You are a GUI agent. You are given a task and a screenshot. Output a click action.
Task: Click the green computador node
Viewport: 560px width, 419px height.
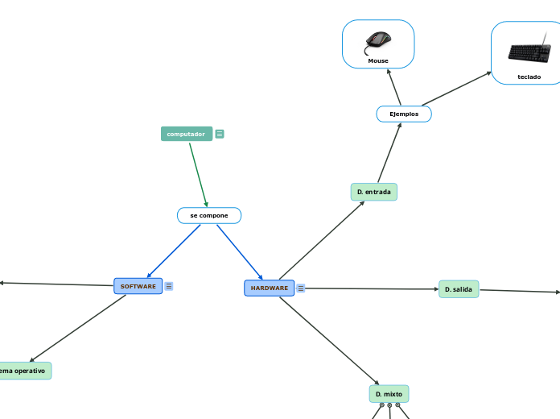coord(187,134)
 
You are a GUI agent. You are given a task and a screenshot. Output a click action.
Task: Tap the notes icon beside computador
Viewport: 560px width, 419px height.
coord(220,134)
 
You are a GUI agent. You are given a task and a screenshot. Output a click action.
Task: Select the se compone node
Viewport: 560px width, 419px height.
coord(209,216)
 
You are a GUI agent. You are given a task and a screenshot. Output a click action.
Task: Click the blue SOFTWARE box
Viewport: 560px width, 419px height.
coord(138,286)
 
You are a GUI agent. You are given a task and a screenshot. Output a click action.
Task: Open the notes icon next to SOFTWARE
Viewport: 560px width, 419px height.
coord(169,286)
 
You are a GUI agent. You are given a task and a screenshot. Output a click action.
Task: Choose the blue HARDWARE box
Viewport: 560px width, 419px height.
coord(269,288)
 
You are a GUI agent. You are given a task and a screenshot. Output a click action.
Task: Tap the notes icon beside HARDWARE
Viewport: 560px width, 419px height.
coord(301,288)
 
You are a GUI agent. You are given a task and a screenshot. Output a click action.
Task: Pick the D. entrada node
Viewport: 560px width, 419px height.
coord(374,192)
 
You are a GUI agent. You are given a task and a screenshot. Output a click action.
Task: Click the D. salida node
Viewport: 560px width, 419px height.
coord(459,288)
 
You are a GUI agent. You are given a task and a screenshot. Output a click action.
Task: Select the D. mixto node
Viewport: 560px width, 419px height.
coord(389,393)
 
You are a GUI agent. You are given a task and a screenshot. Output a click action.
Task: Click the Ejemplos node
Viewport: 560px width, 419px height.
coord(404,114)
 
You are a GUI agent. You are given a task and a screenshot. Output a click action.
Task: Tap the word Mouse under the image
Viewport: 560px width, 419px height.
coord(378,61)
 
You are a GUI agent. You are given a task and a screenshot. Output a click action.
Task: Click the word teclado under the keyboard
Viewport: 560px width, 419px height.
coord(529,77)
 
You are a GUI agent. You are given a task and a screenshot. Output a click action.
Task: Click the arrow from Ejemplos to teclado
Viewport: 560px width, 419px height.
coord(456,89)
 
